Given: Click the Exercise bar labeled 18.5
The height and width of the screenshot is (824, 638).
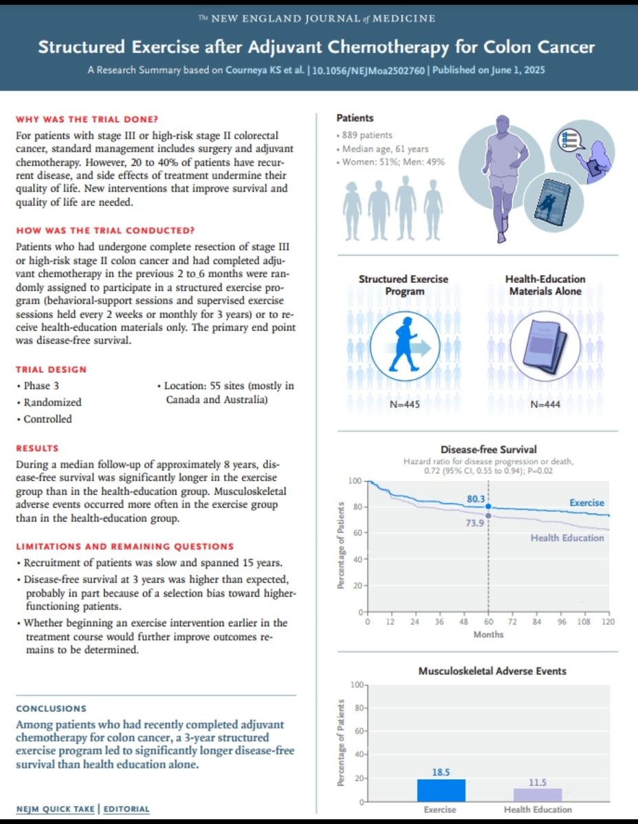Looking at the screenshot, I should pos(441,790).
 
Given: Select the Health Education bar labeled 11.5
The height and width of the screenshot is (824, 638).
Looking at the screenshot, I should pos(538,794).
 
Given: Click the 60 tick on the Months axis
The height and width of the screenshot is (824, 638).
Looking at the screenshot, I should pos(488,621).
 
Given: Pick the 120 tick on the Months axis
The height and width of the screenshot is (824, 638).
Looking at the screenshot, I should pos(607,621).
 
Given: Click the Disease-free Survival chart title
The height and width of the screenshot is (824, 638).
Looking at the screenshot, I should pos(488,450).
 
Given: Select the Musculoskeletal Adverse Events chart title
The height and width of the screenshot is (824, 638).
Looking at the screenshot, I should pos(488,670).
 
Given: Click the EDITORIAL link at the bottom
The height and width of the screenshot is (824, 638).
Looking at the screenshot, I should pos(127,809).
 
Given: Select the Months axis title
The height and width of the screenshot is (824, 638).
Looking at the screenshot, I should pos(488,634).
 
